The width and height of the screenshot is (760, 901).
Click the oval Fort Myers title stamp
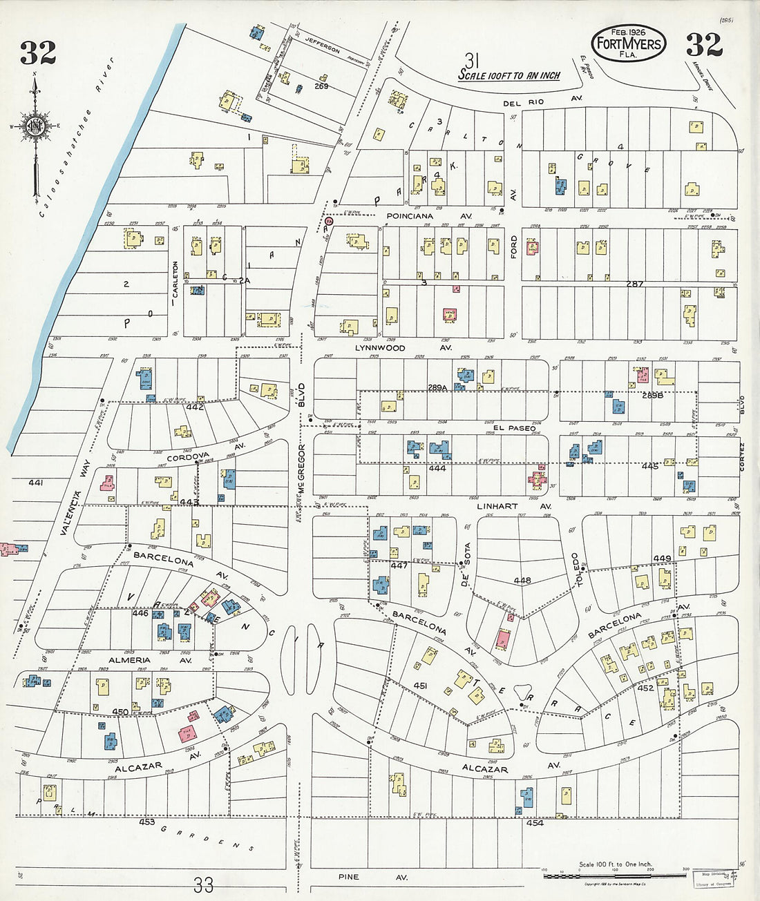[x=629, y=43]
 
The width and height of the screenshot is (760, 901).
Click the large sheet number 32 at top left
[x=38, y=52]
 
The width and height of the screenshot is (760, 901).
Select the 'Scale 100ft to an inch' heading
[x=509, y=75]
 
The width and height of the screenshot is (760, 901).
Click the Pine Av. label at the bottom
[x=372, y=878]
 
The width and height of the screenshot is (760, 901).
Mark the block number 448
[x=522, y=581]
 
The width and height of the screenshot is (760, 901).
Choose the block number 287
[x=634, y=284]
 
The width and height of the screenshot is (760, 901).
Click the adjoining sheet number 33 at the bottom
[x=203, y=884]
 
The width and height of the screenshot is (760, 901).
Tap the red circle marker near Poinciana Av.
[x=329, y=222]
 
